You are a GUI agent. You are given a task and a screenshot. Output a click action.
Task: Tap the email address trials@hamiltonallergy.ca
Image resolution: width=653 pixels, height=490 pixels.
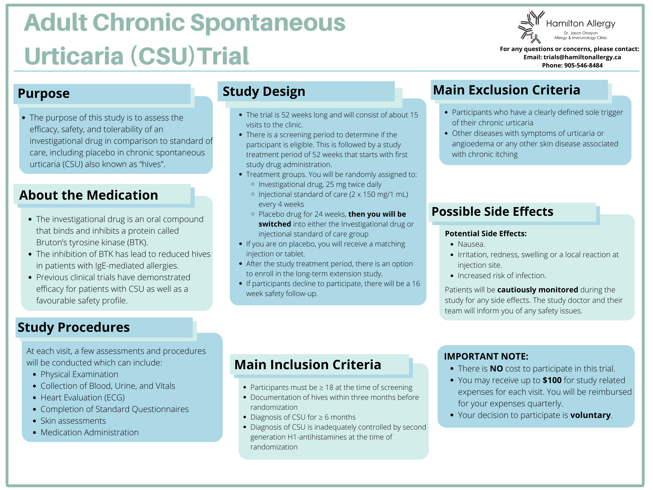pyautogui.click(x=582, y=57)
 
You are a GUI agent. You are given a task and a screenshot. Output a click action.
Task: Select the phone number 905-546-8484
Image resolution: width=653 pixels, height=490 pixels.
pyautogui.click(x=583, y=66)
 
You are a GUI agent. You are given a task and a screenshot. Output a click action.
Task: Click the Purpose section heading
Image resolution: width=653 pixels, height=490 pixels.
pyautogui.click(x=44, y=94)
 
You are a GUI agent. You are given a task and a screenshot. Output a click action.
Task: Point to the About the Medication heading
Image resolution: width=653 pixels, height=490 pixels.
pyautogui.click(x=88, y=195)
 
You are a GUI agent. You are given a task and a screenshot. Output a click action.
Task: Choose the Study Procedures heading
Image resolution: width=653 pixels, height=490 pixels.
pyautogui.click(x=73, y=327)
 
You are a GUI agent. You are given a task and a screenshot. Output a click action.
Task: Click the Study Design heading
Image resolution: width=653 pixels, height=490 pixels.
pyautogui.click(x=264, y=92)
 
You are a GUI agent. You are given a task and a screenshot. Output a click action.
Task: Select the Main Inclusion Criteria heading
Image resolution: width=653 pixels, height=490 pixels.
pyautogui.click(x=307, y=365)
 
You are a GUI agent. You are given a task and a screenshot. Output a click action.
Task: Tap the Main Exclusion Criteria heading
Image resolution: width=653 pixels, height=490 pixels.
pyautogui.click(x=506, y=90)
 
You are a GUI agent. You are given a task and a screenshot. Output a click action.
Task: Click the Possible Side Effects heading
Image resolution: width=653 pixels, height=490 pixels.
pyautogui.click(x=492, y=212)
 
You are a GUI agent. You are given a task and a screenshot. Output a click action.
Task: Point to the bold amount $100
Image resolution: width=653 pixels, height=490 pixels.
pyautogui.click(x=552, y=381)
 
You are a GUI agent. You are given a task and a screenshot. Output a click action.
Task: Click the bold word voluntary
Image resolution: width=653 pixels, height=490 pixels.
pyautogui.click(x=590, y=415)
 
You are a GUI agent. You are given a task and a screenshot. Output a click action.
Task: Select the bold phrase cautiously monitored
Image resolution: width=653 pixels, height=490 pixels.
pyautogui.click(x=537, y=290)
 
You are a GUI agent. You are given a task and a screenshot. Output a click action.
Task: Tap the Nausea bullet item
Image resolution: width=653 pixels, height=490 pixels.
pyautogui.click(x=471, y=244)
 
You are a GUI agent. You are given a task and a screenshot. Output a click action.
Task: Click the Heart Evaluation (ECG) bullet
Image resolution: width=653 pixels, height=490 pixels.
pyautogui.click(x=83, y=398)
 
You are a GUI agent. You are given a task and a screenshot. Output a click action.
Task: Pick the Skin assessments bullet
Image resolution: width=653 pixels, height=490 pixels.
pyautogui.click(x=73, y=421)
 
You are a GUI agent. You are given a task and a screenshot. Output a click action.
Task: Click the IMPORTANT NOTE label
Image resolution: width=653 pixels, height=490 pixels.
pyautogui.click(x=486, y=356)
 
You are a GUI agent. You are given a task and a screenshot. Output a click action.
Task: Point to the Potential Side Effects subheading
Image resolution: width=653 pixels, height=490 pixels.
pyautogui.click(x=485, y=234)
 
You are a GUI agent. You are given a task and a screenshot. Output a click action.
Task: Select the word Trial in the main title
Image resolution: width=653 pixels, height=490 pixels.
pyautogui.click(x=223, y=56)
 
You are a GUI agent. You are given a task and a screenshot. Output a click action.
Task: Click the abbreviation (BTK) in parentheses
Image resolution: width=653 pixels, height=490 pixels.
pyautogui.click(x=137, y=242)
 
